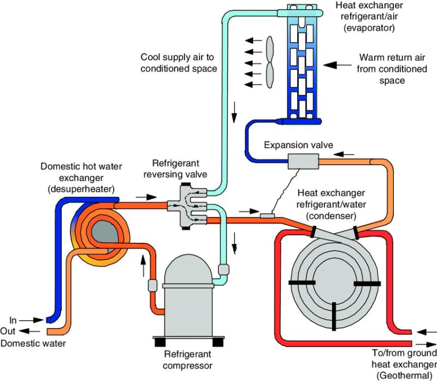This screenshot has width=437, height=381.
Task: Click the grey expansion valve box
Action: coord(302,162)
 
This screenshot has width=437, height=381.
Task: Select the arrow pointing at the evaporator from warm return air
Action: coord(337,65)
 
